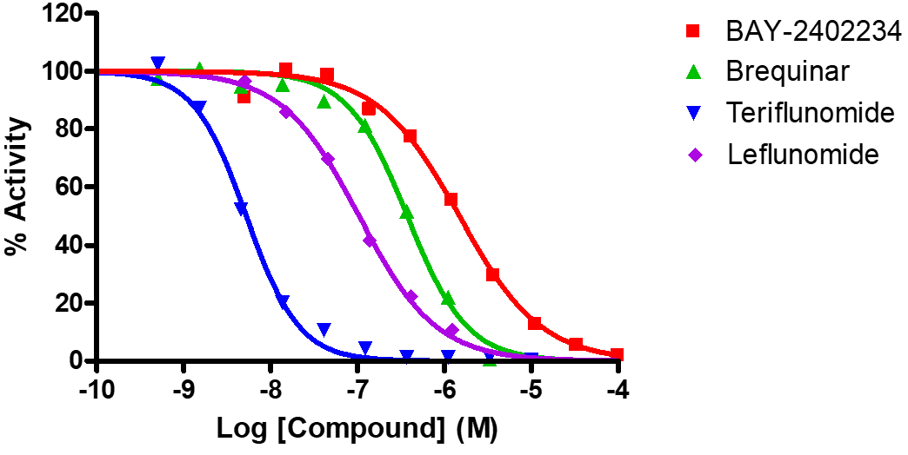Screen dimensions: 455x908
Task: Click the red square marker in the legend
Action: [x=693, y=32]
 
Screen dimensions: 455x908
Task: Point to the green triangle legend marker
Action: [x=693, y=72]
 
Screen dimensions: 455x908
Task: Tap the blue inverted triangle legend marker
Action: [x=693, y=113]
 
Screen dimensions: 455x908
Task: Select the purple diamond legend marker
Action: [x=693, y=155]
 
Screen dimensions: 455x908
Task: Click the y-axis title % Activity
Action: [x=16, y=187]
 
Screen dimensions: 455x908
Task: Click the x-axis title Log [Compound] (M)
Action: [x=357, y=430]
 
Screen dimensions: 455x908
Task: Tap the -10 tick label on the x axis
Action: [x=96, y=386]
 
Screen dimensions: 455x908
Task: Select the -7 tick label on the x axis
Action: [x=357, y=386]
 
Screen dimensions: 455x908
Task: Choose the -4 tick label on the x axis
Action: [x=618, y=386]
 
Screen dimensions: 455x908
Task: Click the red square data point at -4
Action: [x=617, y=354]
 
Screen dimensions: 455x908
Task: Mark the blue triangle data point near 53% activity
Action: [x=242, y=208]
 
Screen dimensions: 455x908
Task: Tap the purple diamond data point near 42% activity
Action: [x=370, y=241]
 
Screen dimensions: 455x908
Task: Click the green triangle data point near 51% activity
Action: [x=406, y=212]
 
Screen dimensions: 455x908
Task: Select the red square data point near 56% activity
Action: [x=451, y=200]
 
